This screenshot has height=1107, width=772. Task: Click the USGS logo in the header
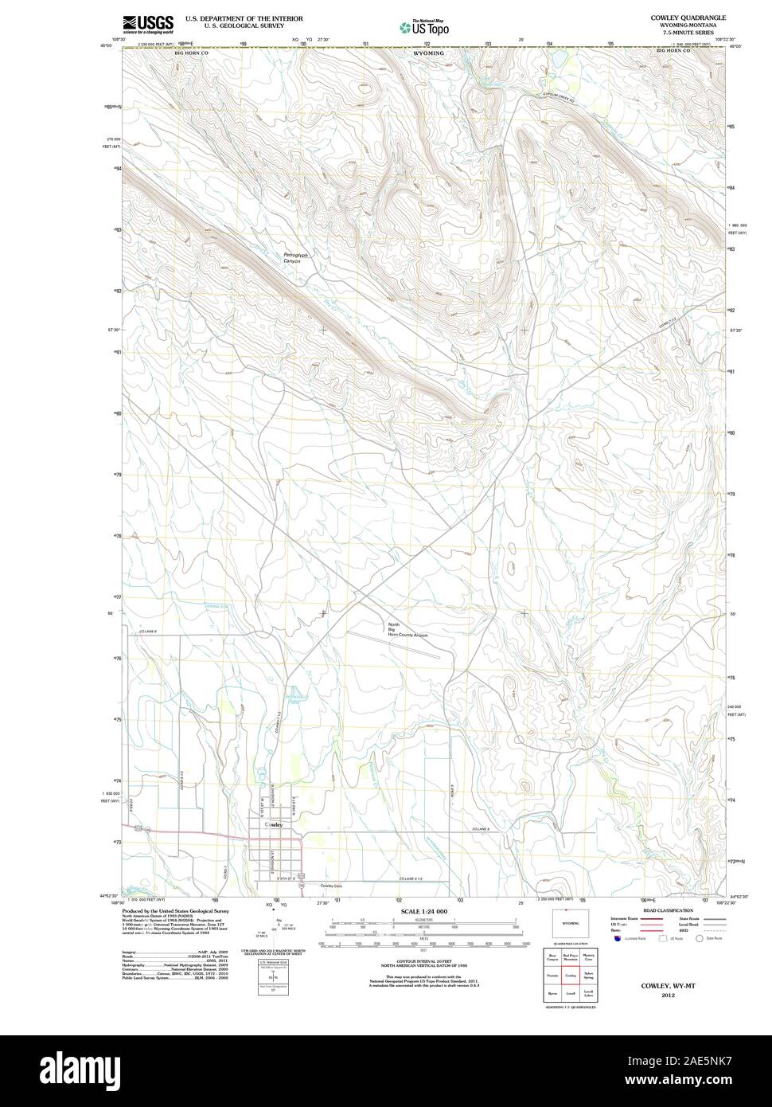147,23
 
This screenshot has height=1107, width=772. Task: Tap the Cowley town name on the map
273,825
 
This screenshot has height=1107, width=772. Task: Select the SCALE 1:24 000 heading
425,911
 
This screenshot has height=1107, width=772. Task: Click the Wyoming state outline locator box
570,925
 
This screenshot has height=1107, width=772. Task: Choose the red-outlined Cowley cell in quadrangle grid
570,975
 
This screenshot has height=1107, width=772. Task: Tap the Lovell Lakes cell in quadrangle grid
588,993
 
